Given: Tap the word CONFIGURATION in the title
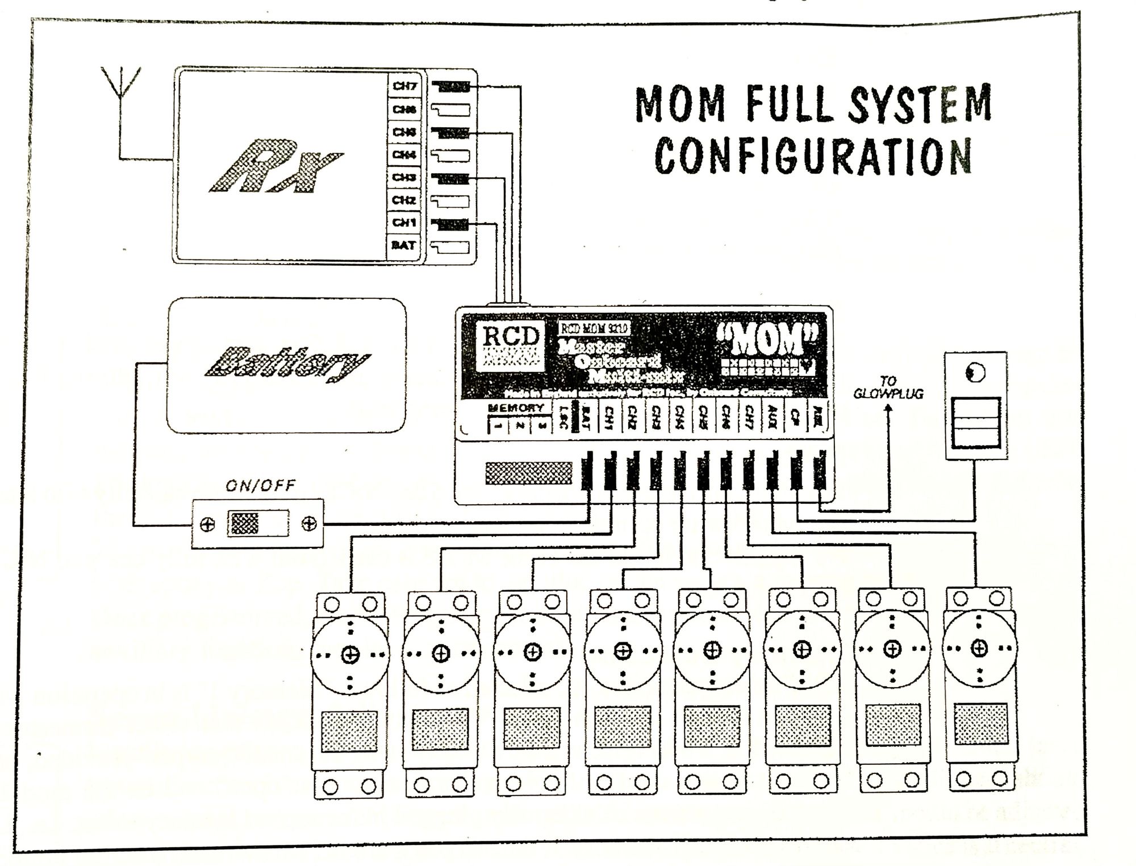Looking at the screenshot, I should (x=813, y=154).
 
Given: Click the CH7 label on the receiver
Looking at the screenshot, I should (x=404, y=86).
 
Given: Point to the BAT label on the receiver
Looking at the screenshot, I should (x=404, y=246).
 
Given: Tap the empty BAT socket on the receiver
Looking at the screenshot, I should (x=450, y=247).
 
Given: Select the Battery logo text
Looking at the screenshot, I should (x=286, y=363).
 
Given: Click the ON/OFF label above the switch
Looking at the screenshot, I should (x=261, y=486).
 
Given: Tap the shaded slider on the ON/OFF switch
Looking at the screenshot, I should (x=243, y=524).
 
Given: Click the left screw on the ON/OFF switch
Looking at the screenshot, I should (x=208, y=524).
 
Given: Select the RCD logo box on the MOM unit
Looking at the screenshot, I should (x=510, y=346).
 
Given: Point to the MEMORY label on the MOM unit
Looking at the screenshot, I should (x=516, y=408).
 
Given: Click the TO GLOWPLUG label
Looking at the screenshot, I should (x=888, y=387).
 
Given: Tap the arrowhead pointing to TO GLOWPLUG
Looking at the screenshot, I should (x=888, y=407).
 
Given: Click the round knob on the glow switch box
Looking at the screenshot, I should (x=975, y=373).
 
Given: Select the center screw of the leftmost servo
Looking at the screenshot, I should (x=350, y=655).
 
